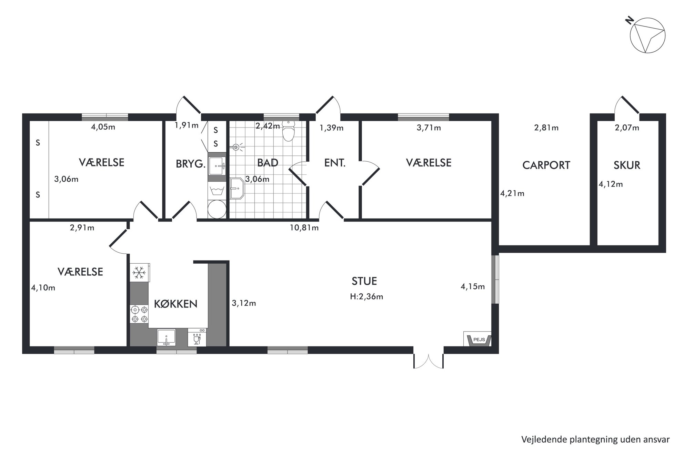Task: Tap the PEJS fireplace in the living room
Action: (478, 339)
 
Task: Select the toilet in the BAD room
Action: (288, 131)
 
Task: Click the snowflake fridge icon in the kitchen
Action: (139, 273)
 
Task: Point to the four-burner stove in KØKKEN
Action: (139, 314)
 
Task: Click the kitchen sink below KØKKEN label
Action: (167, 337)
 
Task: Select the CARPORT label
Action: (546, 165)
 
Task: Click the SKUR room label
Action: (627, 165)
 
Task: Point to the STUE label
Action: (364, 281)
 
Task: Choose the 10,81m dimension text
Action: (304, 228)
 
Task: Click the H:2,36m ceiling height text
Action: (366, 296)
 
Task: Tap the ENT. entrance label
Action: (335, 163)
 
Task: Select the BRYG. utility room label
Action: (191, 164)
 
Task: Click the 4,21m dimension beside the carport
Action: (512, 193)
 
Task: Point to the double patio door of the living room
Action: (429, 361)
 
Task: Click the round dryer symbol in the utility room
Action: (217, 209)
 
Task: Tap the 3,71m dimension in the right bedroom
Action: (429, 128)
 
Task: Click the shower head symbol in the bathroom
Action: (237, 148)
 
